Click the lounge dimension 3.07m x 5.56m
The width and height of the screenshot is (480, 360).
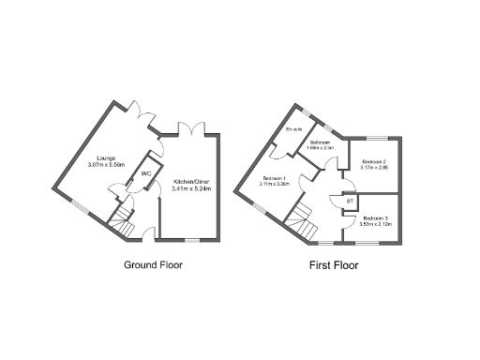click(x=106, y=165)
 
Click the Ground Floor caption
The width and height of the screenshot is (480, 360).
click(x=153, y=264)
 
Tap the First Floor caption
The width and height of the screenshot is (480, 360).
click(x=334, y=264)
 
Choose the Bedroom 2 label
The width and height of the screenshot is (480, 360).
click(x=374, y=163)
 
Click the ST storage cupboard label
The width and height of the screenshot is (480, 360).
click(x=350, y=201)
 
